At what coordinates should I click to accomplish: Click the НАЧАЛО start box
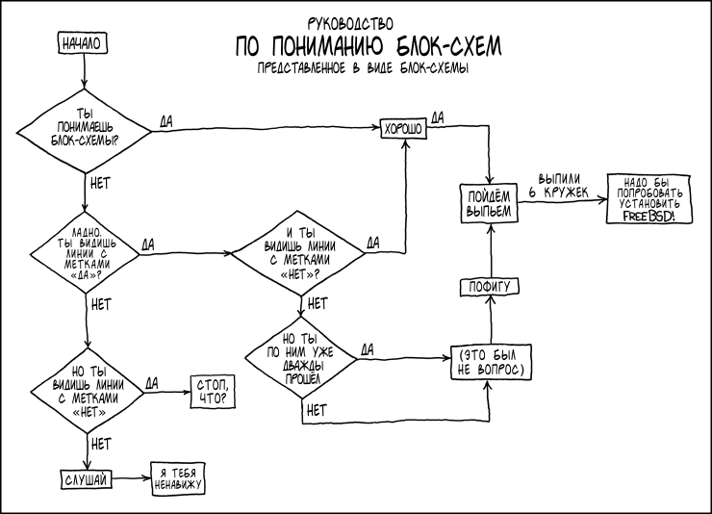[83, 43]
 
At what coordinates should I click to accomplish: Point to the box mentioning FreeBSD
[649, 198]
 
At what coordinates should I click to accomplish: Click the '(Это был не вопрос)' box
[488, 360]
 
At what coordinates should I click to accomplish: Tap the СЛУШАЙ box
[85, 478]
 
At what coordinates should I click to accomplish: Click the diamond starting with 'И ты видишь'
[299, 253]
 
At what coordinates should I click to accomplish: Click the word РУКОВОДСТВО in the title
[351, 21]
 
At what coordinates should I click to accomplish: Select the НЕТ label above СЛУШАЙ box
[101, 444]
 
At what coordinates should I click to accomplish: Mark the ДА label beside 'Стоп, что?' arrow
[152, 382]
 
